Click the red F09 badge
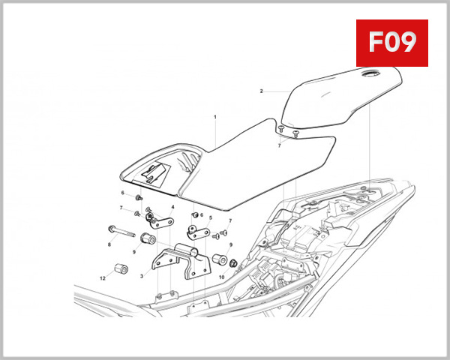click(391, 42)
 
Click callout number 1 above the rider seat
click(214, 117)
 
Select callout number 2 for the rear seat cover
click(261, 91)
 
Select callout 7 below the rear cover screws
click(279, 145)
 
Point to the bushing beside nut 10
click(220, 259)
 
